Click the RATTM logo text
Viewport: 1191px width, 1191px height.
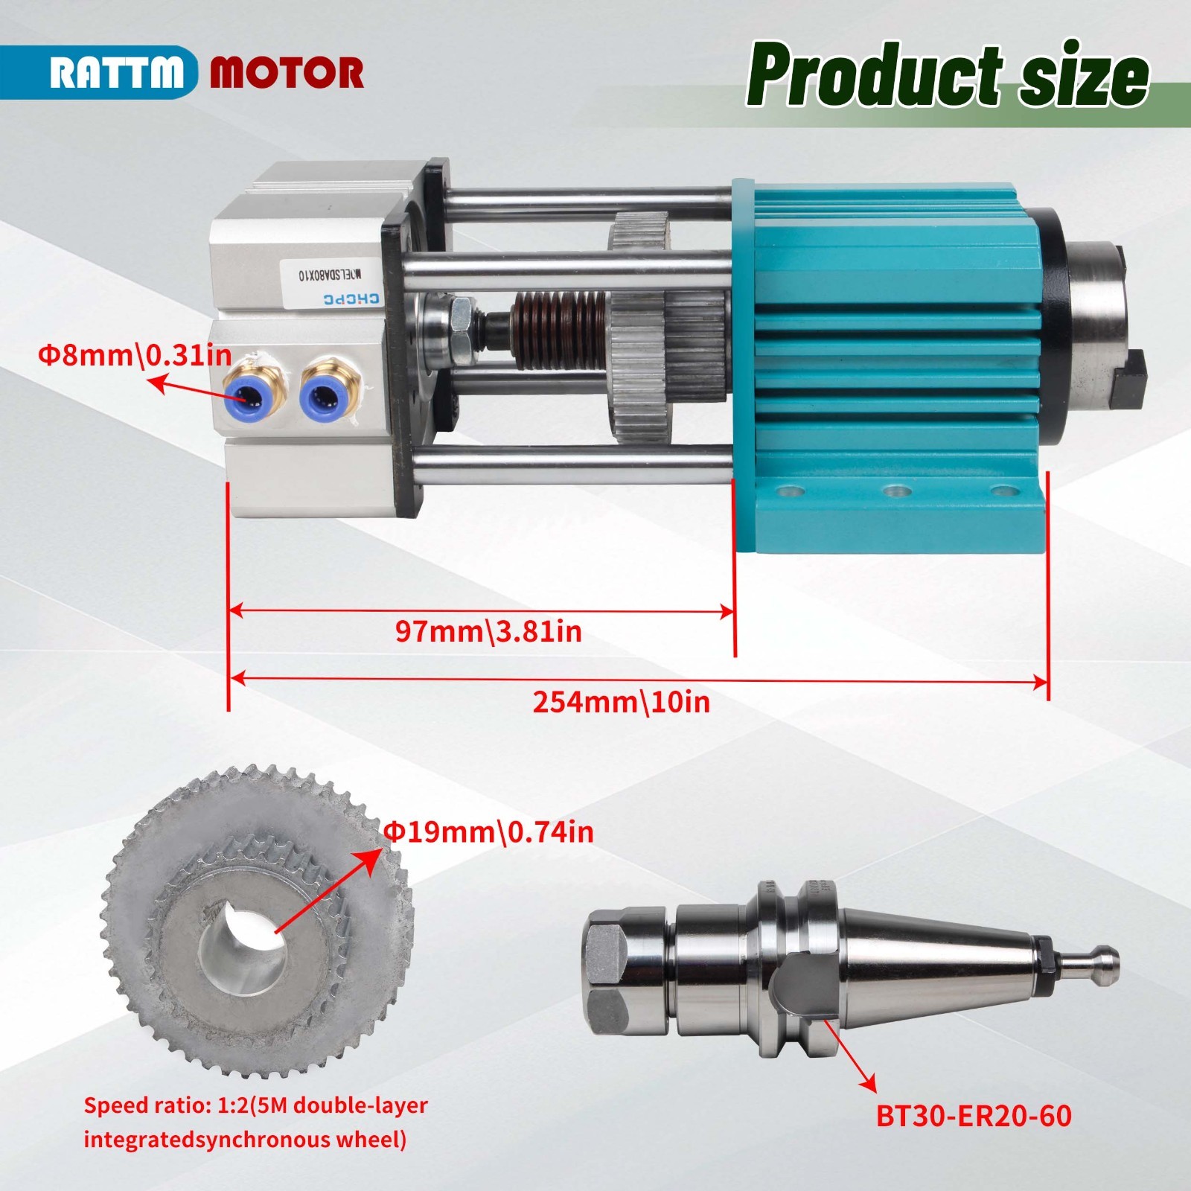point(117,73)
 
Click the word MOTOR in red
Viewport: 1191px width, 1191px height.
point(287,73)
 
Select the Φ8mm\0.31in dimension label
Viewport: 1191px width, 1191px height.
point(135,355)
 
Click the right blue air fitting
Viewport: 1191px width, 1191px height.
point(325,395)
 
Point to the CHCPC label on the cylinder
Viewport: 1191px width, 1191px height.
point(350,299)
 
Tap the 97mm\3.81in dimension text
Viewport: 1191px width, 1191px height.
point(488,631)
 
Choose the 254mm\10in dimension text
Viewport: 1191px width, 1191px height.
point(621,702)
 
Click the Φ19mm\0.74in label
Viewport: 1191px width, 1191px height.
point(489,831)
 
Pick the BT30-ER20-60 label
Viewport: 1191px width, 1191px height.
point(974,1115)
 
